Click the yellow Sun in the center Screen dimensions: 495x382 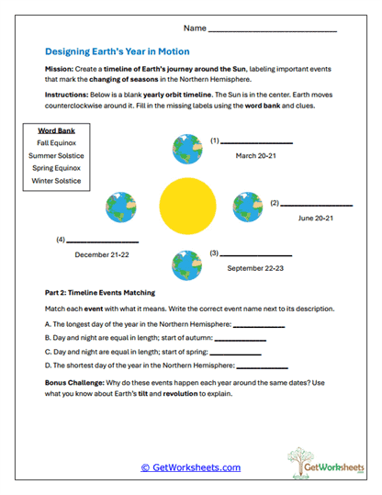click(x=188, y=207)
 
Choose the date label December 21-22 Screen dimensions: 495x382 click(x=103, y=254)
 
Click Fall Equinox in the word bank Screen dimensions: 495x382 click(x=55, y=144)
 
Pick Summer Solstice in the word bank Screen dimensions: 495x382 click(x=55, y=156)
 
